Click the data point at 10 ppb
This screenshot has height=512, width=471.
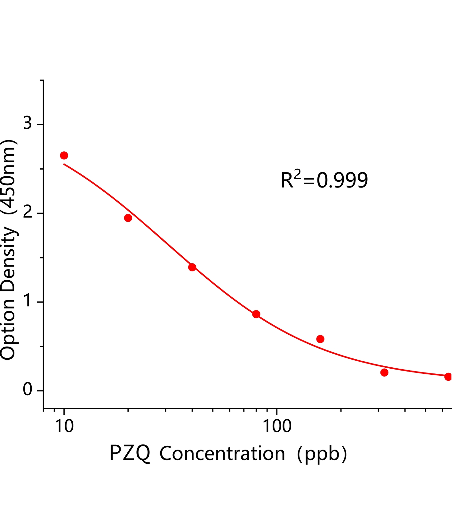point(64,156)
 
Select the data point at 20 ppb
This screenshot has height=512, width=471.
point(128,218)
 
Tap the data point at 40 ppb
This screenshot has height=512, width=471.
point(192,267)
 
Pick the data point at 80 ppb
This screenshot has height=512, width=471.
point(256,314)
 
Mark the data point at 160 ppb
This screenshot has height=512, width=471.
point(320,339)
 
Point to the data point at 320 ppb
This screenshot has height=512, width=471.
point(384,372)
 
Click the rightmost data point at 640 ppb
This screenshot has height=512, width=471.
point(448,377)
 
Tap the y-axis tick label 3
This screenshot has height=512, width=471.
point(28,123)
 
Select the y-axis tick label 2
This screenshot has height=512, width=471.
point(28,212)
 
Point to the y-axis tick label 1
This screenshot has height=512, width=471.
point(28,301)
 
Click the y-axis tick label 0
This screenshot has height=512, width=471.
point(28,390)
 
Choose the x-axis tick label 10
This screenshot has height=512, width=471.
point(64,426)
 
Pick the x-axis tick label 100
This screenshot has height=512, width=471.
point(277,426)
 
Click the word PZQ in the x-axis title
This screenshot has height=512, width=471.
point(130,454)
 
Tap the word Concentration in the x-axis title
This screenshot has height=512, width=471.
point(222,454)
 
